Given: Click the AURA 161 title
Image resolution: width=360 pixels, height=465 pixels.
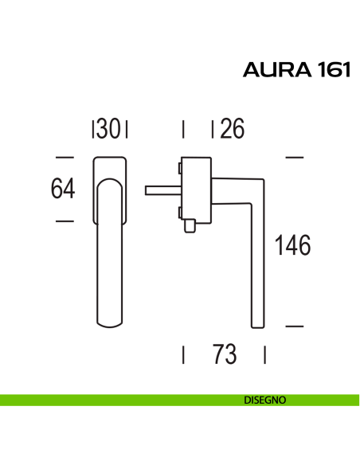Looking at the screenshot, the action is point(296,70).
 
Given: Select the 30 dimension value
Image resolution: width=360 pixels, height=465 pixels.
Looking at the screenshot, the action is point(108,129).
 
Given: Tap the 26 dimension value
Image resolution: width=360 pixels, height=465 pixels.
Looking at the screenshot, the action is point(233,129).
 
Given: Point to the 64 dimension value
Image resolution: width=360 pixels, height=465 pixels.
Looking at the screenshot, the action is point(63,189).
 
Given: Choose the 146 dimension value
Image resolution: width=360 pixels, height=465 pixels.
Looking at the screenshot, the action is point(292,245).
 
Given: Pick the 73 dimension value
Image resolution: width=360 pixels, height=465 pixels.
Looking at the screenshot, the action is point(225,354).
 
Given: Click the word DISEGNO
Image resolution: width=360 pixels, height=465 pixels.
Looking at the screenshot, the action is point(264,400).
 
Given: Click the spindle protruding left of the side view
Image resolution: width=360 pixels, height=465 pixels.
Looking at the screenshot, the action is point(163,190).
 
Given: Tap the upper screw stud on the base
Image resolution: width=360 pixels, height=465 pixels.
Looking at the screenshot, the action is point(180,168).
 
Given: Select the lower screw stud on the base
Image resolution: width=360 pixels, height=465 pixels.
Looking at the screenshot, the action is point(180,213).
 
